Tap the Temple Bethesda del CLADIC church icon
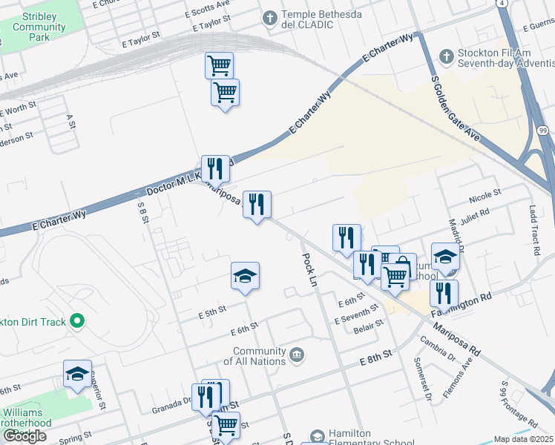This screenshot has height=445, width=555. (269, 16)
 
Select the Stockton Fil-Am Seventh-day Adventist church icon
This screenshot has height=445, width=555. (446, 56)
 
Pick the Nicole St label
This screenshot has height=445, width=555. (486, 196)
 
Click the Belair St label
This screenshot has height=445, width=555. (369, 326)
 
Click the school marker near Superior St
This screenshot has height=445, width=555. (76, 375)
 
